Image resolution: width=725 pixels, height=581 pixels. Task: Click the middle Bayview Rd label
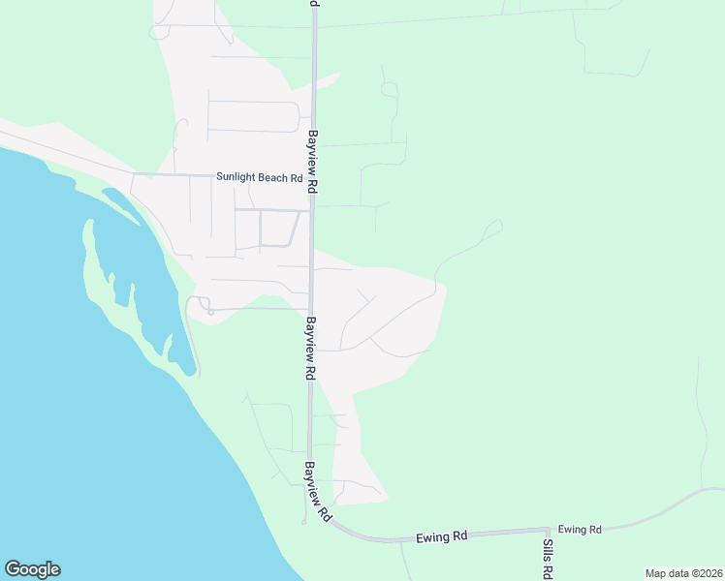tap(311, 347)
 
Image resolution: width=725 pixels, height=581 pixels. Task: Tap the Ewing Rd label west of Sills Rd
tap(442, 535)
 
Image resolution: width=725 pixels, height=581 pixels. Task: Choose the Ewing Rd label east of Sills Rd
tap(580, 530)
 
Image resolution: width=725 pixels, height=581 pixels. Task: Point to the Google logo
tap(32, 569)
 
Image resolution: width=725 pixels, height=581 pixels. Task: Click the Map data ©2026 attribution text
tap(683, 573)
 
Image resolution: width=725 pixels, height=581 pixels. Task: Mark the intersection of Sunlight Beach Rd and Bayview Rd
tap(312, 177)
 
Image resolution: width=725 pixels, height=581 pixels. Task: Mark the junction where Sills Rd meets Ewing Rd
tap(549, 530)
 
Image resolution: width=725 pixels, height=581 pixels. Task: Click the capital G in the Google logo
tap(12, 569)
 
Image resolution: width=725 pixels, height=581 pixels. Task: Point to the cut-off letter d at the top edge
tap(314, 3)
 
